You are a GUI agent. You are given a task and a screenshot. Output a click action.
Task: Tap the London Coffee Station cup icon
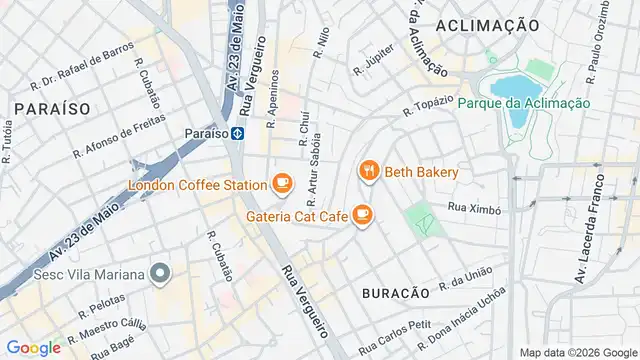[283, 183]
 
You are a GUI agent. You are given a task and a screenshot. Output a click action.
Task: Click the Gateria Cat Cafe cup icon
[362, 214]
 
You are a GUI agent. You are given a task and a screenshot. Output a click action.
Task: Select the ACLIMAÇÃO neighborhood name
[489, 24]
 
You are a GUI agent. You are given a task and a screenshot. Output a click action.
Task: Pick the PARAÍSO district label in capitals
[46, 106]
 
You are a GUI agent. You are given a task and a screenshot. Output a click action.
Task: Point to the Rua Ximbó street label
[474, 208]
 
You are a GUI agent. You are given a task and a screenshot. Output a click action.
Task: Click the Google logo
[33, 347]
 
